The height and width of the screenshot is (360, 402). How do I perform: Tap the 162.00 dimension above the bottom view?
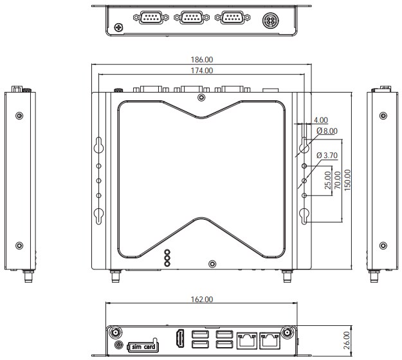pos(201,300)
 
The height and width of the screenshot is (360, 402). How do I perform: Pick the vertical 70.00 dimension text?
pos(338,181)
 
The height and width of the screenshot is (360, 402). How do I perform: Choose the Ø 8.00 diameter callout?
pos(327,131)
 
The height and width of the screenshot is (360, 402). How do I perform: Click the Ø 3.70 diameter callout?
pos(327,155)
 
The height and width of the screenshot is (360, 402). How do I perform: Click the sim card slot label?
pos(143,347)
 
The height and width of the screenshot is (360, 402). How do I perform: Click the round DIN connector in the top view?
pos(270,21)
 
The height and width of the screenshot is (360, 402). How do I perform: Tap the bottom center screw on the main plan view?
pos(212,264)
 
